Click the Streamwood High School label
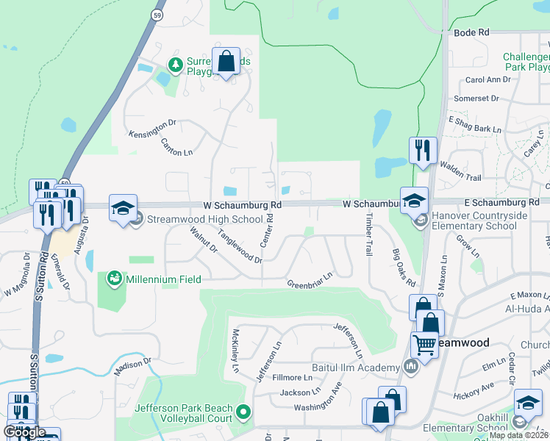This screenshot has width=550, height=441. click(204, 219)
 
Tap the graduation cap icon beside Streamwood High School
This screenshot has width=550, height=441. click(124, 207)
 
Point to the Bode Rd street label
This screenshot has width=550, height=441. click(472, 33)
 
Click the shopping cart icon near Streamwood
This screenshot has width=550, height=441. click(424, 343)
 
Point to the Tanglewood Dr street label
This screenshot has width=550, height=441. click(240, 245)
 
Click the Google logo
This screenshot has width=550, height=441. click(24, 432)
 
